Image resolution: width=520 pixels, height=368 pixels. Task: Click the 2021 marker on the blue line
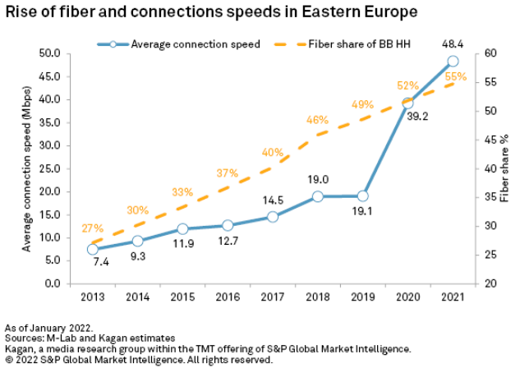(x=453, y=61)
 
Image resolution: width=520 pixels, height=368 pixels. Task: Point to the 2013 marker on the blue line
(x=92, y=249)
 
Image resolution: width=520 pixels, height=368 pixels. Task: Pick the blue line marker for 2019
(x=362, y=196)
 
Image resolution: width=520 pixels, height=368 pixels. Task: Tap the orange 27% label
(x=92, y=228)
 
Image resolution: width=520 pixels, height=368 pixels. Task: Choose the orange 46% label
(x=317, y=120)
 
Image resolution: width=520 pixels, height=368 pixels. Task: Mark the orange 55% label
(x=456, y=76)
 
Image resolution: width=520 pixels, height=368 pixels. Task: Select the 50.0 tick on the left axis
(x=51, y=53)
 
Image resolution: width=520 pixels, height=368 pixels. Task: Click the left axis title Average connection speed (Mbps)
(x=27, y=168)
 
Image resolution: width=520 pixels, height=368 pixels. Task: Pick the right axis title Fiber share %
(x=505, y=168)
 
